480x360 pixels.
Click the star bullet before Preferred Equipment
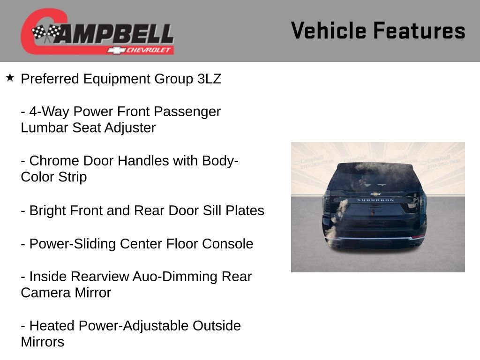click(x=10, y=77)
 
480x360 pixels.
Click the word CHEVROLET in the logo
click(x=150, y=50)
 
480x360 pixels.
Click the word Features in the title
click(x=419, y=30)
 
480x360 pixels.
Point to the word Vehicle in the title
click(x=329, y=30)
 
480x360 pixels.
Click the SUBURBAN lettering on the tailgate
click(x=375, y=200)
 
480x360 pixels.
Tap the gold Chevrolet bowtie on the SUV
click(x=375, y=193)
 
